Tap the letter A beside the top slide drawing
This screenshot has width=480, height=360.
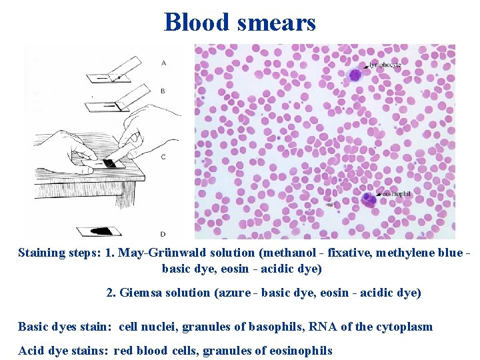[163, 63]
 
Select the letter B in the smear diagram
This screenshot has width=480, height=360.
[163, 91]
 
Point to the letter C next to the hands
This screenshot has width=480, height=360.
[163, 156]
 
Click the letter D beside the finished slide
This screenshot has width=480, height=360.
[163, 233]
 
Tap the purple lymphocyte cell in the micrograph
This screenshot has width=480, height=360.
[355, 75]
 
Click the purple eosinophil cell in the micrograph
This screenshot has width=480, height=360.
[367, 199]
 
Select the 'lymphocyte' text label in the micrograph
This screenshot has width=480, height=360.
[387, 65]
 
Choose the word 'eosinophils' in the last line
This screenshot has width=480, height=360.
[299, 351]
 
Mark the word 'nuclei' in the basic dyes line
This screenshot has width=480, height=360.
[157, 327]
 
